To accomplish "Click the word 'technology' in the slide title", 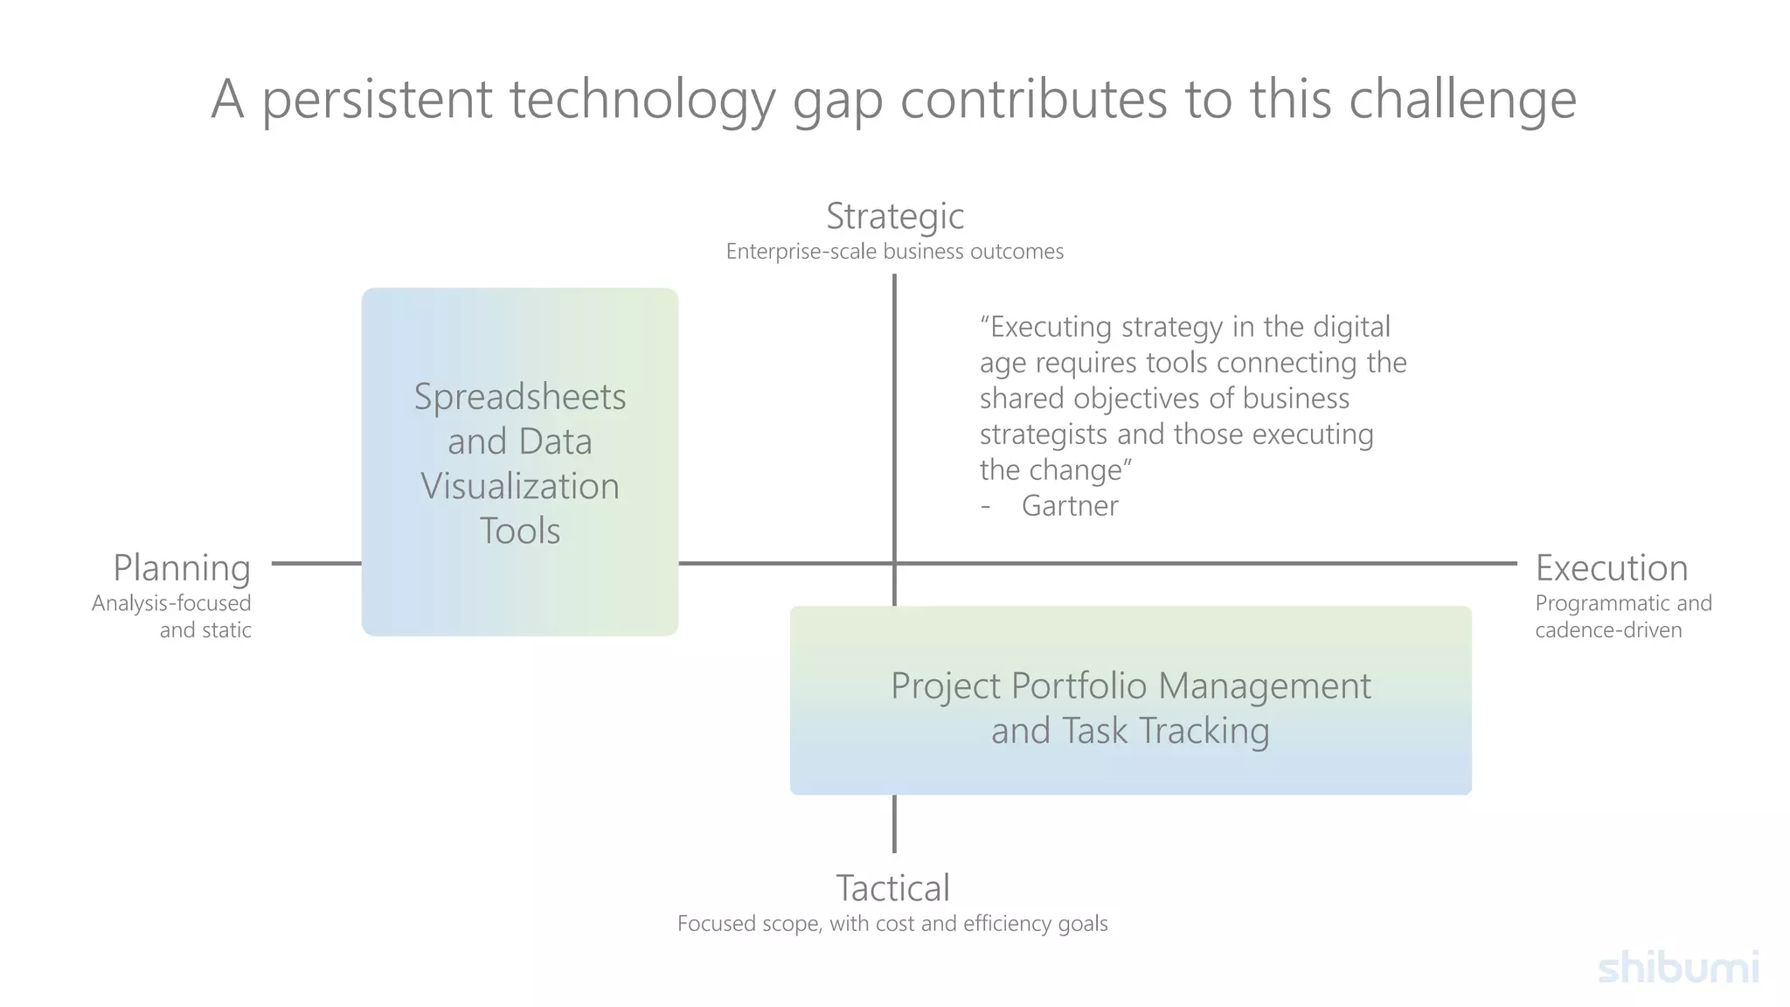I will point(642,99).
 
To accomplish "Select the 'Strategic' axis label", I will point(895,216).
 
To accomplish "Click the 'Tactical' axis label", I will point(892,888).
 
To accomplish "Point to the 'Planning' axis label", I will point(182,568).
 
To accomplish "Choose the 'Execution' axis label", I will point(1612,568).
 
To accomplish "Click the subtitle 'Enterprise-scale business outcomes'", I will point(895,252).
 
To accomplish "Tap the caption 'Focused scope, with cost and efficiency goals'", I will point(892,924).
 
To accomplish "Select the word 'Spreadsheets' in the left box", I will point(520,397).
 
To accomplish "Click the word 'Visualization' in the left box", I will point(520,487).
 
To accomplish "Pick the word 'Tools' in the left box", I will point(520,531).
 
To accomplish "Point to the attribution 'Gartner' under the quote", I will point(1070,506).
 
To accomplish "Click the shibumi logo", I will point(1678,969).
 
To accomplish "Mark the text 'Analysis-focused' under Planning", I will point(171,603).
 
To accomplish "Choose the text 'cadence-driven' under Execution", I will point(1608,630).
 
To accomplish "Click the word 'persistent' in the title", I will point(377,99).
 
